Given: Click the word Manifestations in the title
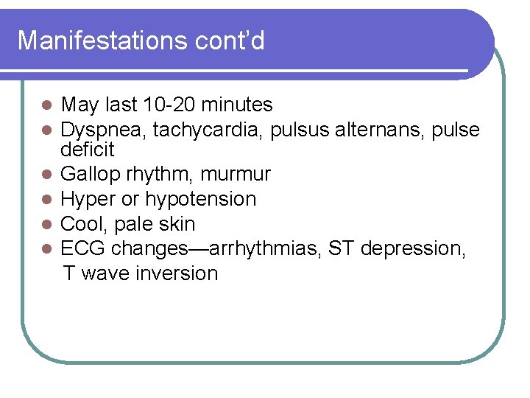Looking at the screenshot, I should [x=95, y=41].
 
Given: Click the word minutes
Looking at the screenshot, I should [x=233, y=105].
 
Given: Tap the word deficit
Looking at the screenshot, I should [x=88, y=150].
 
